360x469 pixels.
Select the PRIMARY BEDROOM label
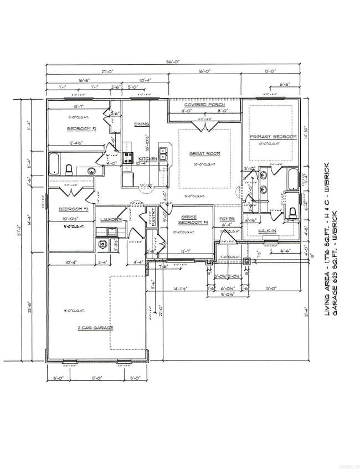(273, 137)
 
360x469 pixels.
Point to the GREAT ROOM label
(204, 154)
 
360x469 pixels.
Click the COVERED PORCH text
(203, 105)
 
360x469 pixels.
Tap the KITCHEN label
(148, 159)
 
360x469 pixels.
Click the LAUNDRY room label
(110, 219)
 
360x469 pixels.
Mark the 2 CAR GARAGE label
(95, 328)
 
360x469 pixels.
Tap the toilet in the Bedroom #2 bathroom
(69, 169)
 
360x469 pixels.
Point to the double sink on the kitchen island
(164, 154)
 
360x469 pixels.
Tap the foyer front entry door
(228, 240)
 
